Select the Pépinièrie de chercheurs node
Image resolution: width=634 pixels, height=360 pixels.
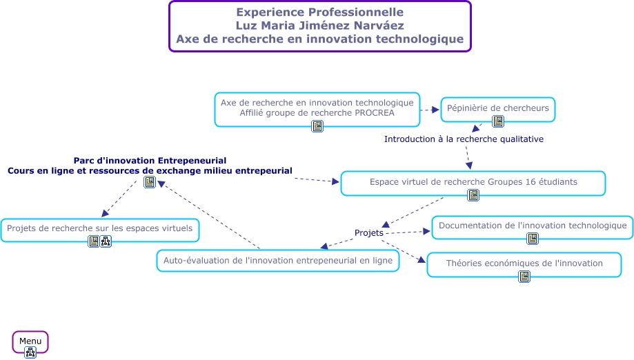coord(497,108)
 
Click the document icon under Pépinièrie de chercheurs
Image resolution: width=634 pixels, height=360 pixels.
coord(498,122)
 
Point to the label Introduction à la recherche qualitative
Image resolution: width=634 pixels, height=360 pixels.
coord(464,139)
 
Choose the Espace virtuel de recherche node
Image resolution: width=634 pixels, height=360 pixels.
coord(473,182)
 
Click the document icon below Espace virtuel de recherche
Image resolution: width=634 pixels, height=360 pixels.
coord(473,195)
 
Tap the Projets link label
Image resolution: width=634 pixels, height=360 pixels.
coord(369,233)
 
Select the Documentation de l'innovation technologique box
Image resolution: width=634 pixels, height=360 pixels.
coord(533,226)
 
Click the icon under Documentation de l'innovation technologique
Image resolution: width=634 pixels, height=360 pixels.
coord(533,239)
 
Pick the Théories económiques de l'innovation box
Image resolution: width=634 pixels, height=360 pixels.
coord(524,263)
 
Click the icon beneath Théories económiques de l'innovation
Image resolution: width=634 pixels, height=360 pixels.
coord(524,277)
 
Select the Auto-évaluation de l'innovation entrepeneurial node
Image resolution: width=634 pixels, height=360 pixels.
coord(278,261)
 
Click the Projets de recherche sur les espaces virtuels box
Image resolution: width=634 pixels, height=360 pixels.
coord(100,228)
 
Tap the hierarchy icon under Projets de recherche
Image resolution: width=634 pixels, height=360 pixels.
coord(106,241)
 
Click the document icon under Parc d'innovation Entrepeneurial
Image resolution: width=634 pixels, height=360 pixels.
coord(149,183)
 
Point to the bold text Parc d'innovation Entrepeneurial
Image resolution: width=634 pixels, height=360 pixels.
coord(150,161)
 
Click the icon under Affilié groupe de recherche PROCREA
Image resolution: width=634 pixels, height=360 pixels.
coord(317,126)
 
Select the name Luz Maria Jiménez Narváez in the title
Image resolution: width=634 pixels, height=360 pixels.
coord(319,26)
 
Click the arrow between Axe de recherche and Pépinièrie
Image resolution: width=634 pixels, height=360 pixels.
coord(430,110)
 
